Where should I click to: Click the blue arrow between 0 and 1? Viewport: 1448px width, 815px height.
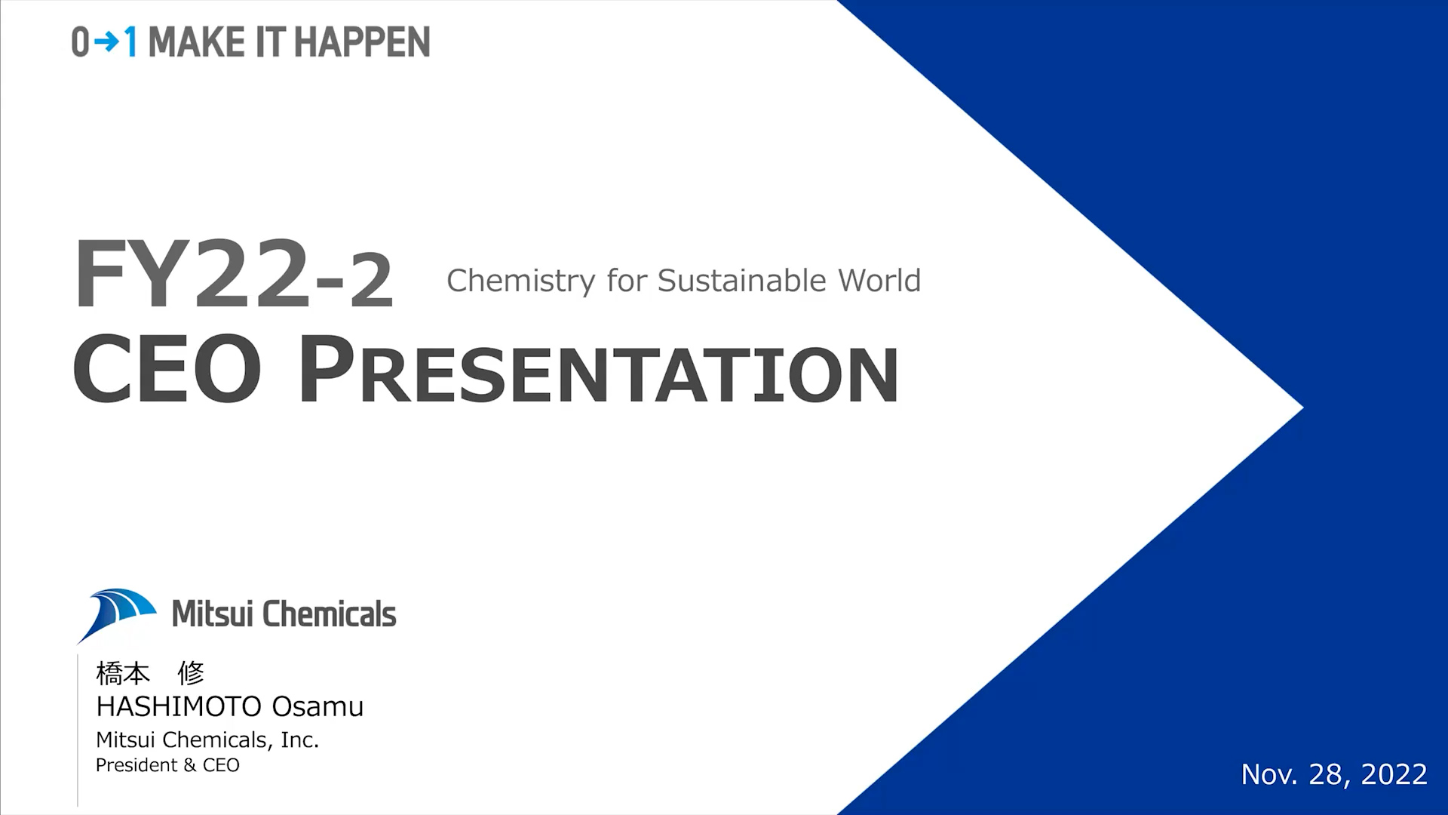point(106,42)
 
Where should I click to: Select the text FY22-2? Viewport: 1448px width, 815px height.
point(234,273)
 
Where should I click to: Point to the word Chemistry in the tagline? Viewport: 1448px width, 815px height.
point(521,281)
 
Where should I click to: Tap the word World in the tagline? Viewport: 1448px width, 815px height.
point(879,280)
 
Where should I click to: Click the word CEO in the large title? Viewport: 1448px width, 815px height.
point(167,368)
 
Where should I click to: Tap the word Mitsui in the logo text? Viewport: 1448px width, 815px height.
point(213,614)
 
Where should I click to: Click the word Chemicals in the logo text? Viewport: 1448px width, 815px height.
point(330,614)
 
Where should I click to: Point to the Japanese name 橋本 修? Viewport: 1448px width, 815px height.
point(150,672)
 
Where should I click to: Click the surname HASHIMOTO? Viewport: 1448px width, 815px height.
point(179,706)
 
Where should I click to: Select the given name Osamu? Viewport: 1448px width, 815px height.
point(318,706)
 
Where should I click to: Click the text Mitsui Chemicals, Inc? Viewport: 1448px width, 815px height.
point(207,740)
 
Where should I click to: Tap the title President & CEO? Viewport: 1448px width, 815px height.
point(167,765)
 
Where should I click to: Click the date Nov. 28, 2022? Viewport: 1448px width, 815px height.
point(1334,774)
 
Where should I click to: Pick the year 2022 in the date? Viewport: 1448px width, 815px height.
point(1394,774)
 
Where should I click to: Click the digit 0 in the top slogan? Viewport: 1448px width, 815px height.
point(81,42)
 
